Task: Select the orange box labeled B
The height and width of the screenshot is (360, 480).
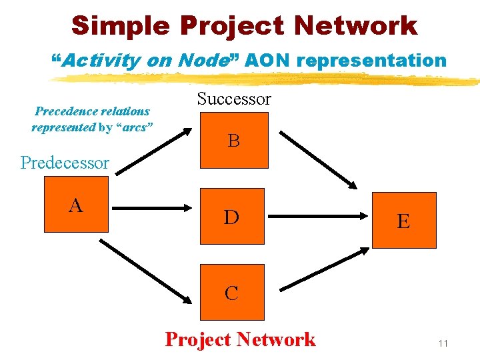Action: click(x=234, y=140)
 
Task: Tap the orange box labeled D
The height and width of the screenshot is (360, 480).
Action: click(x=232, y=217)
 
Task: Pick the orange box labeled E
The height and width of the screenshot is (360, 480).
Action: click(x=404, y=220)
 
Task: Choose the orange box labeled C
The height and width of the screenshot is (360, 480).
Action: click(x=232, y=292)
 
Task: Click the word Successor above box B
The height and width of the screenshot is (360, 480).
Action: click(x=234, y=99)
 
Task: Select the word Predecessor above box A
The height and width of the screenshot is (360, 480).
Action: click(x=65, y=163)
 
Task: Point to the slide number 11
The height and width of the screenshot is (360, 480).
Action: click(x=443, y=343)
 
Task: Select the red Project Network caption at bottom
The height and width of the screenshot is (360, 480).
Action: click(x=240, y=339)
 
